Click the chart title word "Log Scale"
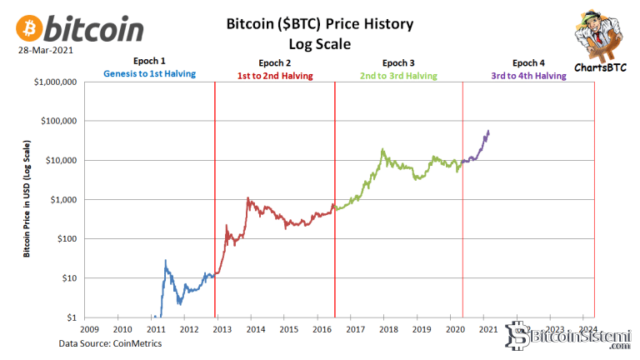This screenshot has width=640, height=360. (319, 42)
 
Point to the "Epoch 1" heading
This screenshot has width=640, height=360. (149, 62)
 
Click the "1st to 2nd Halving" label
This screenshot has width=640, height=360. (275, 76)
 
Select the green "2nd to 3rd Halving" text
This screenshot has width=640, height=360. (398, 76)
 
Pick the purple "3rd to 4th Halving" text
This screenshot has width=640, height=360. (527, 76)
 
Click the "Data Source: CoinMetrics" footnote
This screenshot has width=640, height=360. (110, 343)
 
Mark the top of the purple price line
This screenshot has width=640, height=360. (488, 130)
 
